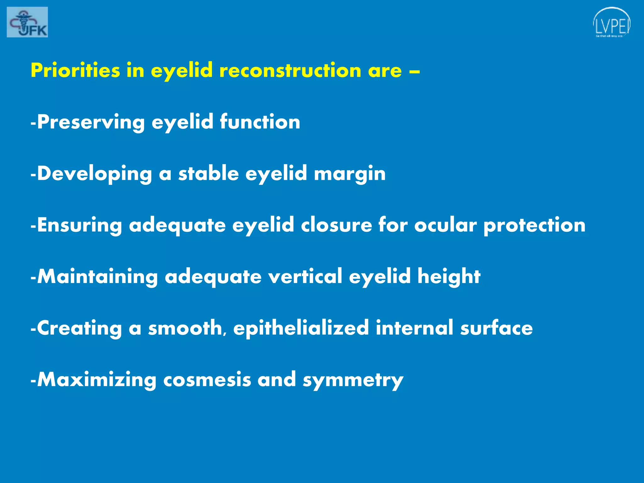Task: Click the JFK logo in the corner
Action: (27, 22)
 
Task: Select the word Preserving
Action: (91, 122)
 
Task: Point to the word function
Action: (260, 122)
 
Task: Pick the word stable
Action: (208, 174)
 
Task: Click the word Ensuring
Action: (79, 225)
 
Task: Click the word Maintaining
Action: (97, 277)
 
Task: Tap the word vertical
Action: (305, 277)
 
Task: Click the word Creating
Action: (79, 328)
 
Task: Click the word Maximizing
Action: (97, 380)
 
